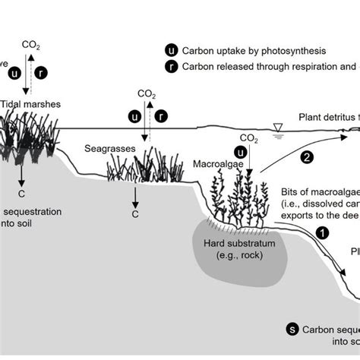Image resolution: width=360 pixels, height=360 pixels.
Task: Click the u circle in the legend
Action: click(171, 50)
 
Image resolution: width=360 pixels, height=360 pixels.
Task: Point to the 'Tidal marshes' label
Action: click(31, 103)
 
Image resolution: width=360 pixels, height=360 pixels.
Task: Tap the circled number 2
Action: click(307, 158)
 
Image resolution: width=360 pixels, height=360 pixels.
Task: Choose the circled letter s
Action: click(292, 329)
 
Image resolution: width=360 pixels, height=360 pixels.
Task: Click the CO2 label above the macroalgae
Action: click(248, 137)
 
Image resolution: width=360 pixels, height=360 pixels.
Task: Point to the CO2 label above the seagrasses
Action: click(147, 94)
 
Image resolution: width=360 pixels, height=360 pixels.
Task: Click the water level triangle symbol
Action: click(279, 126)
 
